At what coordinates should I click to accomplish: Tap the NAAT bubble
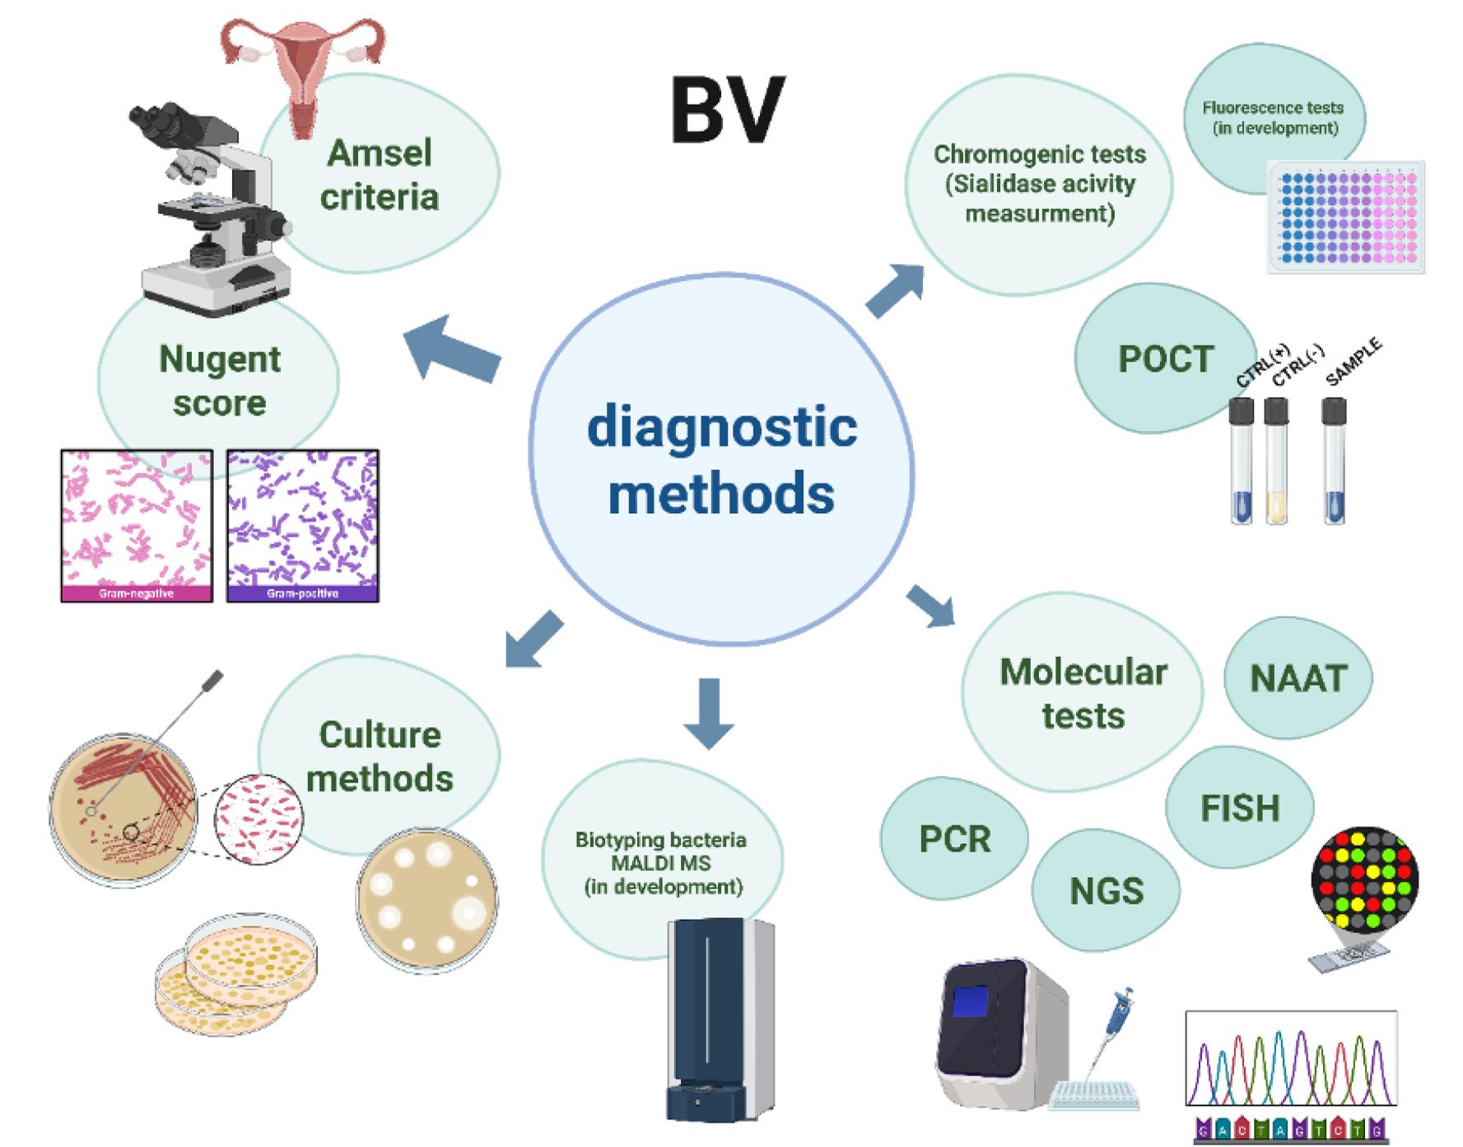(1298, 678)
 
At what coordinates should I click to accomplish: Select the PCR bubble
(955, 839)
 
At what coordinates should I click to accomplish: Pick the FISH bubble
(1240, 808)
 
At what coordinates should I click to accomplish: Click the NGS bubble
(1107, 891)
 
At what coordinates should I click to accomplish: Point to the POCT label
(1166, 359)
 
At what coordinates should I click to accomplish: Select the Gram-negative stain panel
(137, 525)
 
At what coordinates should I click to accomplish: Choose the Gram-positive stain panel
(303, 525)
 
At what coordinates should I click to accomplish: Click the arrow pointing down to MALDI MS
(709, 711)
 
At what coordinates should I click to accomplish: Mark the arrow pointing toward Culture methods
(533, 640)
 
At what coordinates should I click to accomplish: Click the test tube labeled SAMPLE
(1334, 461)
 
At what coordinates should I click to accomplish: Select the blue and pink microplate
(1346, 217)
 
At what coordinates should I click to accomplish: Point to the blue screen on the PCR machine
(971, 1000)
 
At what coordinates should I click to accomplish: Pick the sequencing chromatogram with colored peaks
(1291, 1062)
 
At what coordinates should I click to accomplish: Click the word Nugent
(220, 359)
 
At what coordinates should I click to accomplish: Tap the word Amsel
(380, 153)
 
